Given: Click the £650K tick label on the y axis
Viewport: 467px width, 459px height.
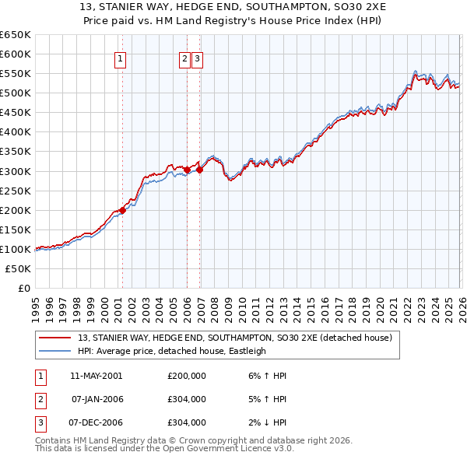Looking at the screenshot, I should click(16, 35).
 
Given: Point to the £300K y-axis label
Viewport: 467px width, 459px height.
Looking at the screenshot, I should click(16, 171).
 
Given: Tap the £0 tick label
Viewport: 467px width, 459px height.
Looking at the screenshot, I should click(23, 288).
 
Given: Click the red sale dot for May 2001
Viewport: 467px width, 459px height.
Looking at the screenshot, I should click(122, 210).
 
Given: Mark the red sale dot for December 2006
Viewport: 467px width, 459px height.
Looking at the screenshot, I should click(199, 169).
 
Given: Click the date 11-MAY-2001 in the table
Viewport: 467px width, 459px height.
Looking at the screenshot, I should click(96, 376).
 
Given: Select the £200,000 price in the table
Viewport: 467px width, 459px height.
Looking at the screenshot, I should click(187, 376).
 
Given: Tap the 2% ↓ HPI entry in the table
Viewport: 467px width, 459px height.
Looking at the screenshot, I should click(265, 422).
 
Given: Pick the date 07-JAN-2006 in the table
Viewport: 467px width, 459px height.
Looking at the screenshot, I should click(97, 399).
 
